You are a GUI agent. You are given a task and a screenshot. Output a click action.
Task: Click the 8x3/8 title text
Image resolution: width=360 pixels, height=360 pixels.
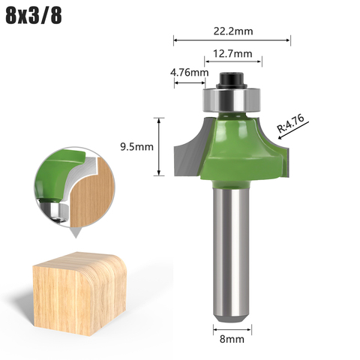click(x=34, y=16)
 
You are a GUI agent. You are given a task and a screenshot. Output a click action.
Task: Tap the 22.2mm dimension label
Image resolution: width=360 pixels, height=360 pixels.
click(x=233, y=31)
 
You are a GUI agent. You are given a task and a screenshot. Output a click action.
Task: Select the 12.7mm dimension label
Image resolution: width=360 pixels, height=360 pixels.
click(x=232, y=54)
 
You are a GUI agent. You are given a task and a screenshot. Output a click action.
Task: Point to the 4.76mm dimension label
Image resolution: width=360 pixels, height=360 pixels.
click(x=189, y=73)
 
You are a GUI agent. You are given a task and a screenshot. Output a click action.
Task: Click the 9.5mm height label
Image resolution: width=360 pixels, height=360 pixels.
click(x=136, y=147)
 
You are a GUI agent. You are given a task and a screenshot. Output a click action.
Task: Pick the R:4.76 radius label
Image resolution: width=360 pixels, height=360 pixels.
click(x=291, y=123)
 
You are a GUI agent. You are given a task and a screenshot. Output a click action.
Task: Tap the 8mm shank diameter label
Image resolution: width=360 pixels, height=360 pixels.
click(x=232, y=339)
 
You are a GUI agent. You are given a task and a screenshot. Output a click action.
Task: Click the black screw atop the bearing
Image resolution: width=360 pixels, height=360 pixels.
click(x=231, y=80)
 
